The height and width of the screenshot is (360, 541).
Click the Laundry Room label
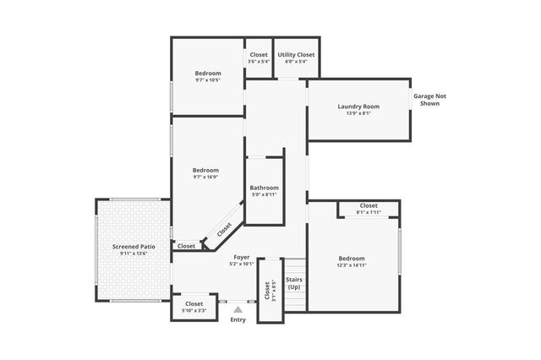[x=358, y=106]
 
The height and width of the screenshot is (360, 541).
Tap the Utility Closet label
[x=296, y=55]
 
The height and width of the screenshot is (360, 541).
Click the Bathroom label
[x=264, y=188]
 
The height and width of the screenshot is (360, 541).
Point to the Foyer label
[x=241, y=256]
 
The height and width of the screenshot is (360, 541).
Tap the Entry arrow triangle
[x=238, y=310]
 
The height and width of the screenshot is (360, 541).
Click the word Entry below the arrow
[x=238, y=319]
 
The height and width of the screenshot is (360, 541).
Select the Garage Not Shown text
[x=429, y=100]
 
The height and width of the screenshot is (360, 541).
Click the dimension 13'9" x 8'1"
[x=358, y=113]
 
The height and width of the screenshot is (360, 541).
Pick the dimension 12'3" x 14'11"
[x=352, y=265]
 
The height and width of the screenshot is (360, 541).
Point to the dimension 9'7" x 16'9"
[x=205, y=177]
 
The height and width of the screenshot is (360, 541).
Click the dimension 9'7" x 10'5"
[x=208, y=81]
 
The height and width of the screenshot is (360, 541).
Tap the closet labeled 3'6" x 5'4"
[x=259, y=57]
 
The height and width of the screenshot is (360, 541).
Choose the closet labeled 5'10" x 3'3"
[x=194, y=307]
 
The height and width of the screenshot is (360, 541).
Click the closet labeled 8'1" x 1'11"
[x=369, y=209]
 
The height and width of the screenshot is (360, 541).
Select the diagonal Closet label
[x=224, y=229]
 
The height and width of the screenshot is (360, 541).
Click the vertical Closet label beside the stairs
[x=267, y=291]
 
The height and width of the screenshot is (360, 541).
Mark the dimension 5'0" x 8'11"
[x=264, y=194]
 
